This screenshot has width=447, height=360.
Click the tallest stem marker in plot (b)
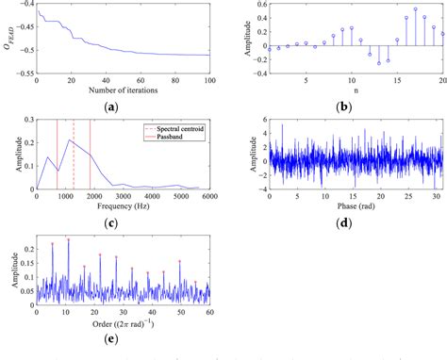[416, 9]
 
